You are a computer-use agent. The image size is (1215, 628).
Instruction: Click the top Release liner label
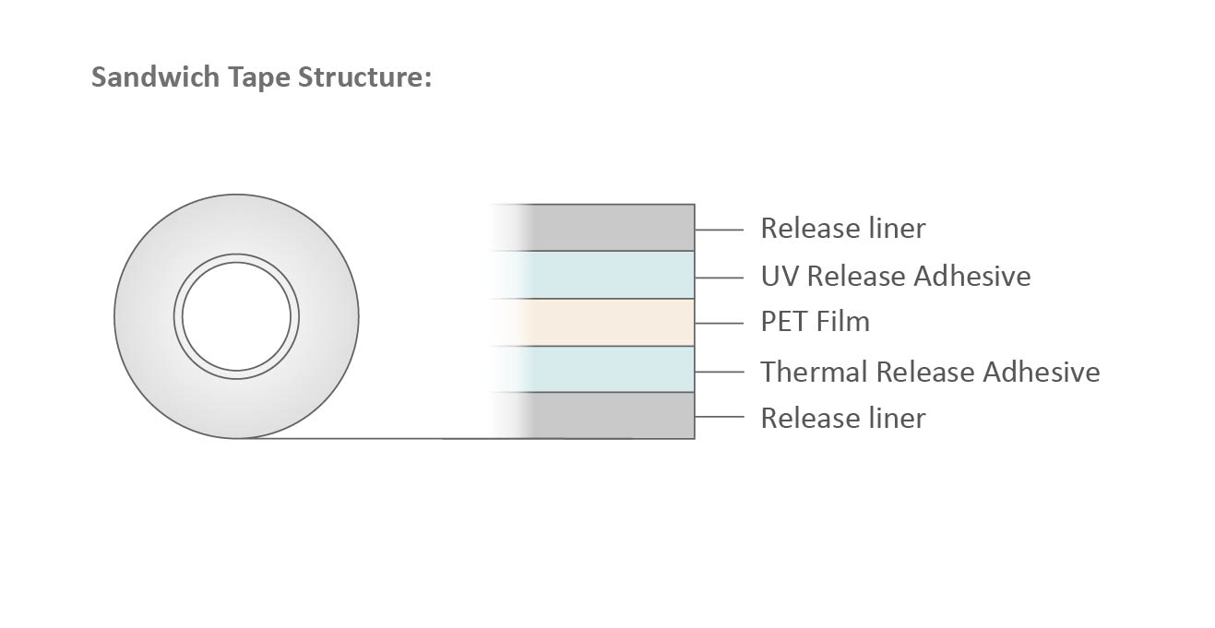click(x=842, y=228)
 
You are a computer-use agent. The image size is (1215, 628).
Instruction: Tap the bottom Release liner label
click(x=842, y=418)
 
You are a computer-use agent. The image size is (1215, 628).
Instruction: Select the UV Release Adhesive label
click(x=895, y=276)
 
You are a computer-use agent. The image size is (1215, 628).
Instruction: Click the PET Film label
click(x=815, y=322)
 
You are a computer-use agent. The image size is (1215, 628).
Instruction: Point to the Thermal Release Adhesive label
click(x=930, y=372)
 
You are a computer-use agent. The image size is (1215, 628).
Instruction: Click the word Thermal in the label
click(x=813, y=372)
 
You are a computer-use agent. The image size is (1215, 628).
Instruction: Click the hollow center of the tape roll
click(x=236, y=316)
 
